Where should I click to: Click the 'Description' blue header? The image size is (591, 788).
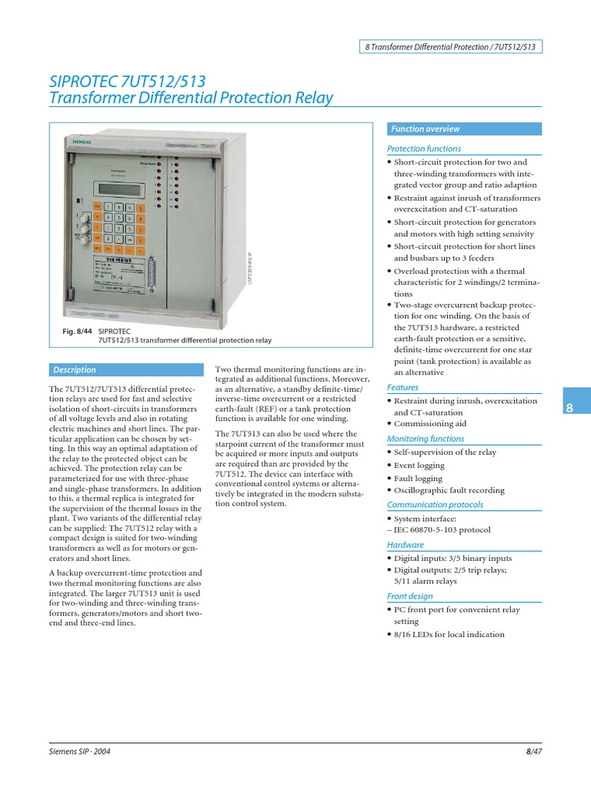[x=75, y=369]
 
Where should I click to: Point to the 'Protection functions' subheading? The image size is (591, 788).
[x=424, y=149]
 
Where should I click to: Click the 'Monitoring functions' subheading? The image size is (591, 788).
[x=425, y=439]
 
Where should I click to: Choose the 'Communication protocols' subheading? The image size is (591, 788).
[x=435, y=505]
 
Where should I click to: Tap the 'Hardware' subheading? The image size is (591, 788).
[x=406, y=545]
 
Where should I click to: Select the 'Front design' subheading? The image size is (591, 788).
[x=409, y=596]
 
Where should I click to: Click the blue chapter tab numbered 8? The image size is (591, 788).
[x=570, y=408]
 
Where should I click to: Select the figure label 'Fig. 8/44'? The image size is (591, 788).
[x=71, y=329]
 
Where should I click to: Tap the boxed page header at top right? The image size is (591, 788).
[x=451, y=46]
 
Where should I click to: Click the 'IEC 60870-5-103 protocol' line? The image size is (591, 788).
[x=442, y=530]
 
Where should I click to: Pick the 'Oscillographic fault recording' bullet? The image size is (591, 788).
[x=449, y=490]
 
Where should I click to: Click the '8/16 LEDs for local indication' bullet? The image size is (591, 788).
[x=449, y=635]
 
